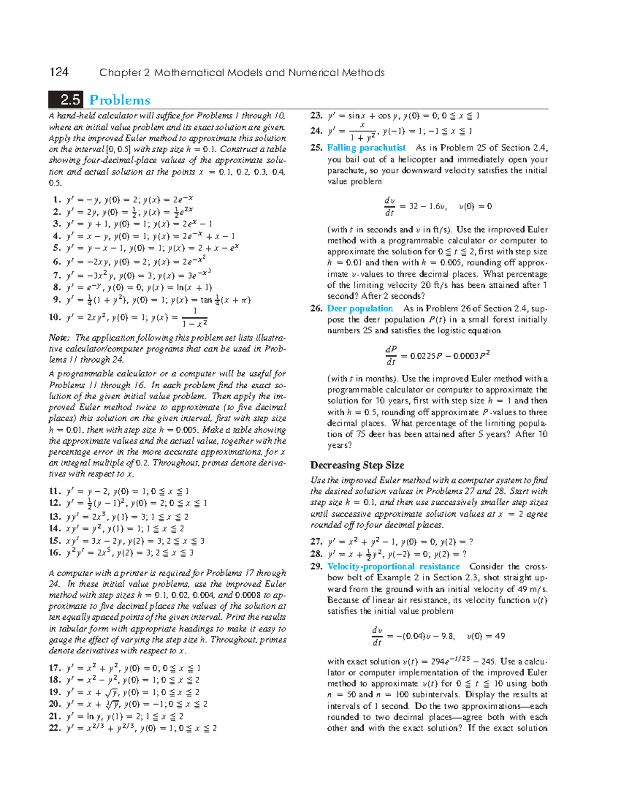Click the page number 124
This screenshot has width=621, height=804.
click(59, 72)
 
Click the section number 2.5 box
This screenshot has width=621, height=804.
click(66, 100)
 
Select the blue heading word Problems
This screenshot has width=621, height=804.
click(120, 100)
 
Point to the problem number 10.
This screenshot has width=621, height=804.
click(55, 317)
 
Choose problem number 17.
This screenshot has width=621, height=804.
click(55, 668)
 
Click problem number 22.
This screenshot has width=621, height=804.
click(55, 728)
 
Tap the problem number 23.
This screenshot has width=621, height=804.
click(316, 115)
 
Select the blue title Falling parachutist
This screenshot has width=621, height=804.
click(366, 148)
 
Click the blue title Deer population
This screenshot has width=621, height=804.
click(360, 308)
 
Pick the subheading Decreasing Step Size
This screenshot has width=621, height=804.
click(357, 465)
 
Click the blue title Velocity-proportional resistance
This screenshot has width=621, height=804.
click(393, 566)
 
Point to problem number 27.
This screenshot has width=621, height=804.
click(316, 542)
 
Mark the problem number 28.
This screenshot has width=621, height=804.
click(316, 553)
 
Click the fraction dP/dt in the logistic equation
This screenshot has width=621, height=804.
click(391, 356)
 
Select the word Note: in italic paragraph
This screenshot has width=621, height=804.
click(60, 338)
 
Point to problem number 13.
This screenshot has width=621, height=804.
click(55, 516)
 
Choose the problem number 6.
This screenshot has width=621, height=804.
click(57, 261)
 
